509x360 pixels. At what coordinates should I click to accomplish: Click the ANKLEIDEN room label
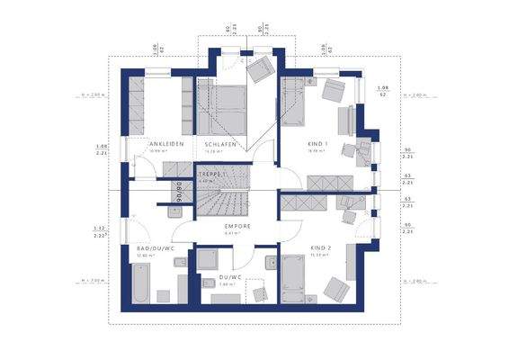[166, 144]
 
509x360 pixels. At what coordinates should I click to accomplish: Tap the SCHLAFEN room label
[220, 144]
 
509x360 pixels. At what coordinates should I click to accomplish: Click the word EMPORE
[237, 226]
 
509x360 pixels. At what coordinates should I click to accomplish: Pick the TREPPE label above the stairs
[210, 174]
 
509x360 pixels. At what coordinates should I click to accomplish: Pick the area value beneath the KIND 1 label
[317, 151]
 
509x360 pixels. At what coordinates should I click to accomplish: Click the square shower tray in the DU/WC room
[255, 293]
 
